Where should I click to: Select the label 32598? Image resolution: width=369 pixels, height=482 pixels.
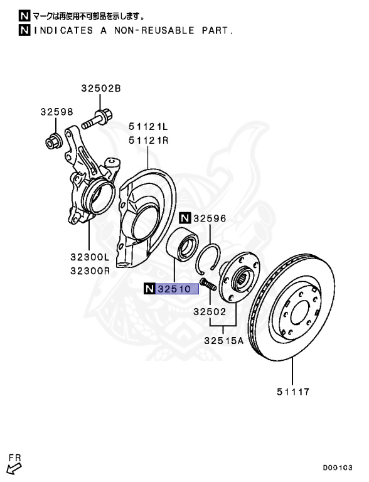coord(57,112)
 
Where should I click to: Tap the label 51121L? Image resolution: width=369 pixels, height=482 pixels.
coord(149,127)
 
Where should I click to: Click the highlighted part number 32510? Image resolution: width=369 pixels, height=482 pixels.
coord(177,289)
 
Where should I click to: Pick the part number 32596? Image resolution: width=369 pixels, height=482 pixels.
coord(210,218)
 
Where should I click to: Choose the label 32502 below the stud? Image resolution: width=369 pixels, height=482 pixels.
coord(210,311)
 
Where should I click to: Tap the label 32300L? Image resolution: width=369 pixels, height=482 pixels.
coord(90,257)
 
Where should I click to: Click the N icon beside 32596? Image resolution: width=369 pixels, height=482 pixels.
coord(184,218)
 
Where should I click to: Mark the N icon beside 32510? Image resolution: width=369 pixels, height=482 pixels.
coord(149,289)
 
